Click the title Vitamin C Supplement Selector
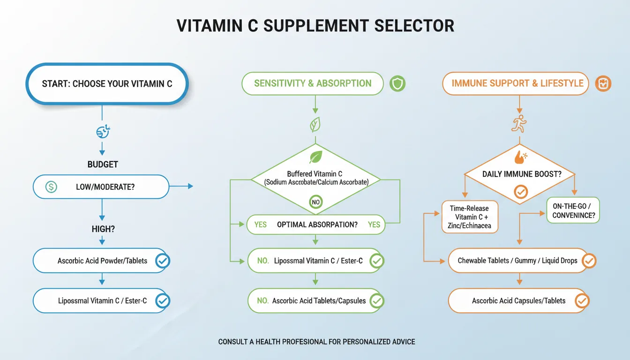pos(315,26)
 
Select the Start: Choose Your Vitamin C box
pos(107,84)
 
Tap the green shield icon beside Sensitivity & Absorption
pos(397,84)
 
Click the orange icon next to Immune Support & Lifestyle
pos(603,84)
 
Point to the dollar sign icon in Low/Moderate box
pos(51,187)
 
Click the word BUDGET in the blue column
pos(103,165)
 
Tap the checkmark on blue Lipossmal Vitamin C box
pos(163,300)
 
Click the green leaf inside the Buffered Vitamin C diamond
pos(315,157)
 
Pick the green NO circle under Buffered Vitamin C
pos(316,202)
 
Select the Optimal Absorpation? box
pos(315,225)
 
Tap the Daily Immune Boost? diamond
pos(519,174)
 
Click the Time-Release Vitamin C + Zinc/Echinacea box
pos(471,217)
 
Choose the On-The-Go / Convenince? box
pos(573,210)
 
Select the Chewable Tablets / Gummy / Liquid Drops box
pos(517,261)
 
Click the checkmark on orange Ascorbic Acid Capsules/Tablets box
pos(582,300)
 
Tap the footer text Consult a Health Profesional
pos(316,342)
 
